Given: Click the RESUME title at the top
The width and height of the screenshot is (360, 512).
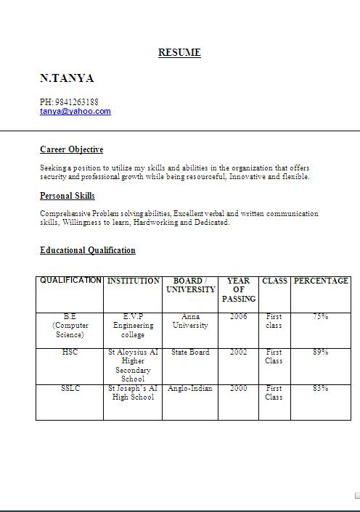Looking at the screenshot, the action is pyautogui.click(x=179, y=52).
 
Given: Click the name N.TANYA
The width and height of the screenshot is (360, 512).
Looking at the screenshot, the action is pyautogui.click(x=67, y=78).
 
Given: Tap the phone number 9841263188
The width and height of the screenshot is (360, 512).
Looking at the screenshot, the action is pyautogui.click(x=76, y=102).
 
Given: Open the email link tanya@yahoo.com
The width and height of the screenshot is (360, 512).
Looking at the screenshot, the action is pyautogui.click(x=75, y=112).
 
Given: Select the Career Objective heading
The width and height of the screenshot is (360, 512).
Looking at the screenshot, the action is pyautogui.click(x=71, y=149).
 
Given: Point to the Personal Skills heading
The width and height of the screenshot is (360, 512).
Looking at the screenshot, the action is pyautogui.click(x=67, y=196).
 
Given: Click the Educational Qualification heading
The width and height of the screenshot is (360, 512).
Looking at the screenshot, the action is pyautogui.click(x=87, y=250).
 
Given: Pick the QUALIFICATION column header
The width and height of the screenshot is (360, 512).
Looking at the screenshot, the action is pyautogui.click(x=70, y=281).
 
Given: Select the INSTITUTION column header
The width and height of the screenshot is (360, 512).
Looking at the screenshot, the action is pyautogui.click(x=133, y=281).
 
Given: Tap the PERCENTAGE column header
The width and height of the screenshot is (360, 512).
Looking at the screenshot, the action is pyautogui.click(x=321, y=281).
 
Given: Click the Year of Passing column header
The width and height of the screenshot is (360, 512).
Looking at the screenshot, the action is pyautogui.click(x=239, y=289).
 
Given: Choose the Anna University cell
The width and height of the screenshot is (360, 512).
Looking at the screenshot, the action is pyautogui.click(x=190, y=321).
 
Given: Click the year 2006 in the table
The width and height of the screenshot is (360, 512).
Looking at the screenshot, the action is pyautogui.click(x=238, y=316).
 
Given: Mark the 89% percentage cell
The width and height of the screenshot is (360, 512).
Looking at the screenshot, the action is pyautogui.click(x=320, y=352).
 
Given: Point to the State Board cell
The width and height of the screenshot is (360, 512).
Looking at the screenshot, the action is pyautogui.click(x=190, y=352).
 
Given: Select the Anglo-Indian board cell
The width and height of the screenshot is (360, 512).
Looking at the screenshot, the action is pyautogui.click(x=190, y=389).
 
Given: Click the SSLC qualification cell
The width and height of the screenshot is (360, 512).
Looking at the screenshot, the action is pyautogui.click(x=70, y=389).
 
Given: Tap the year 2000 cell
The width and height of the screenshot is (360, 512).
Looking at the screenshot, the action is pyautogui.click(x=238, y=389).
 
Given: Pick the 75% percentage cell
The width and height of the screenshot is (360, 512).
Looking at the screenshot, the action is pyautogui.click(x=320, y=316).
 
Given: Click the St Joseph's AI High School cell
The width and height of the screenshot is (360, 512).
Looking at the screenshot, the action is pyautogui.click(x=133, y=392).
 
